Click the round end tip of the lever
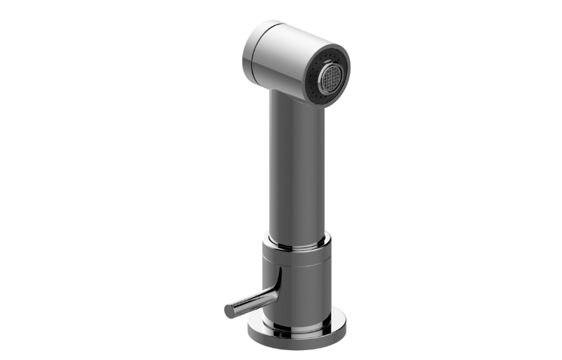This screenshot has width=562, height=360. [x=229, y=310]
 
